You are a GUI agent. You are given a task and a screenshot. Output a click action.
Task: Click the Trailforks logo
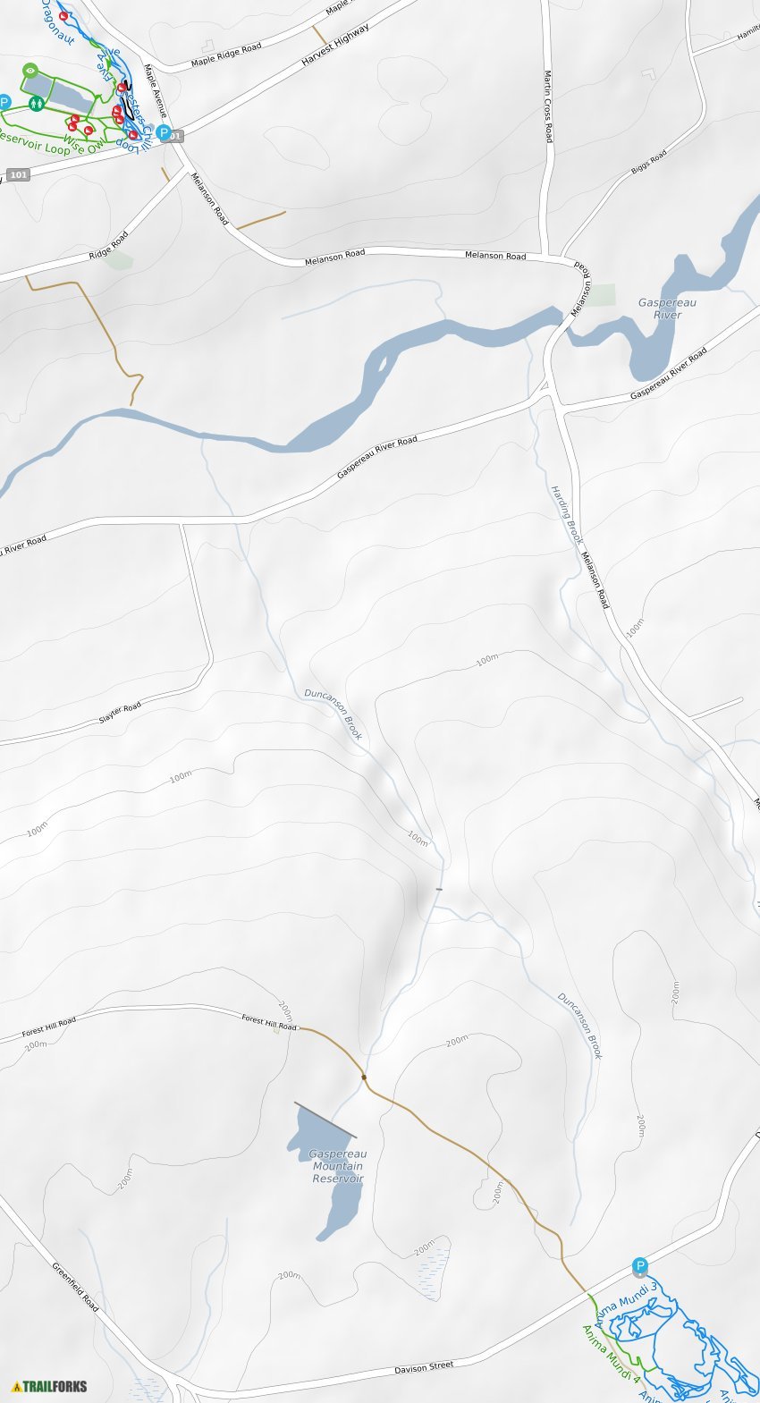[50, 1386]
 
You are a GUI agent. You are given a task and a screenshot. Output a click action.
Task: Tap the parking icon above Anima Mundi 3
[639, 1265]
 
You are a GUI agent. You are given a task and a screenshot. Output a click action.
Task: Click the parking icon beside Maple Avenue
[163, 132]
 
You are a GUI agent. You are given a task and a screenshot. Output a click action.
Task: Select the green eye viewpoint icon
[30, 69]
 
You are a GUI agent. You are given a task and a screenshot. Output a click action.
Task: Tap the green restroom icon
[36, 104]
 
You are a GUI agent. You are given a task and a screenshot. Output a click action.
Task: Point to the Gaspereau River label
[667, 308]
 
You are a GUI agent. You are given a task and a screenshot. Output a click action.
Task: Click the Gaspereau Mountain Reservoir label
[338, 1166]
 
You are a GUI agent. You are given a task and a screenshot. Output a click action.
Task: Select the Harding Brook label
[566, 515]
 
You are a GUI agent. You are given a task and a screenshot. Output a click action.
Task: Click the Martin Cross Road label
[548, 106]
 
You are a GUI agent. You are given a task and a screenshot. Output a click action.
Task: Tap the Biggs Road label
[649, 163]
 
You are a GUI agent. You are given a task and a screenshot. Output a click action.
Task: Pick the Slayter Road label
[120, 713]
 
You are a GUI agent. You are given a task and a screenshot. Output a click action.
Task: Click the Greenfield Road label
[75, 1287]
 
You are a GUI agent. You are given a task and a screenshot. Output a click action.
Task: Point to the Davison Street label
[424, 1367]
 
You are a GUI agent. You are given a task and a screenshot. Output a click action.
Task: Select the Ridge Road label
[108, 246]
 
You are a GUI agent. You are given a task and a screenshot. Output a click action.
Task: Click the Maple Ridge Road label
[226, 55]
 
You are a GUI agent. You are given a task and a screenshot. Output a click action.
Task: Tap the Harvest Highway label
[335, 45]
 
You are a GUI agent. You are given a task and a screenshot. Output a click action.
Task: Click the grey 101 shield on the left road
[19, 174]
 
